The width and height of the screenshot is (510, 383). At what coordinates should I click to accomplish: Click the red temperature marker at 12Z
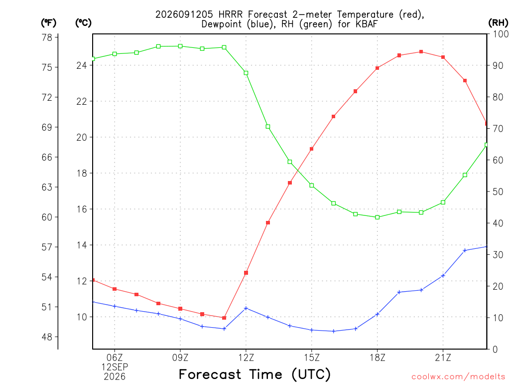[246, 273]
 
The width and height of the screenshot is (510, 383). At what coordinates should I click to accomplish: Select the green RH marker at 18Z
[378, 217]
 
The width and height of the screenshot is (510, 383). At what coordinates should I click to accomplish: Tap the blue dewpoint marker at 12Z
[246, 308]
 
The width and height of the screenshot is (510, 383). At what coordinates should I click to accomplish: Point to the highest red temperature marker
[421, 52]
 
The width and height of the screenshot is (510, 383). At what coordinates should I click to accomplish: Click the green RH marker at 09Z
[180, 46]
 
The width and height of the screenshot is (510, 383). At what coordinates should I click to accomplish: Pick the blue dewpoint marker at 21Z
[443, 276]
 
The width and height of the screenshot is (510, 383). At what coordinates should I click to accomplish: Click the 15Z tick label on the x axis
[312, 358]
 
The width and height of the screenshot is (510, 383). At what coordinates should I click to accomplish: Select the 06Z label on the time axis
[115, 358]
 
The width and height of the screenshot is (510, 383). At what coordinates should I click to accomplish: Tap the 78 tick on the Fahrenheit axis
[47, 37]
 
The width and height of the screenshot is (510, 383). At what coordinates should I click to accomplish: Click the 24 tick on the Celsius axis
[82, 65]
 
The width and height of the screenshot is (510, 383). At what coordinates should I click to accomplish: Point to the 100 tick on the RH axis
[501, 34]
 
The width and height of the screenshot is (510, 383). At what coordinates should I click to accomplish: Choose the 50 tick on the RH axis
[498, 191]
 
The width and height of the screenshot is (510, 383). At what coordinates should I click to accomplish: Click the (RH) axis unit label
[498, 22]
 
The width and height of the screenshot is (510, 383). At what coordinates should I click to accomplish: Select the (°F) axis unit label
[48, 23]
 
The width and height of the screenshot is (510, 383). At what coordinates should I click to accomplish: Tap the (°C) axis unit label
[83, 23]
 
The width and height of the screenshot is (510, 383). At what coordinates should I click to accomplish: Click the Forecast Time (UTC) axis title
[255, 374]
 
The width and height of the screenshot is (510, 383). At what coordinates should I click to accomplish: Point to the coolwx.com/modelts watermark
[458, 377]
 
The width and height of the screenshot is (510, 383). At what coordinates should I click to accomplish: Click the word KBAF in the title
[365, 24]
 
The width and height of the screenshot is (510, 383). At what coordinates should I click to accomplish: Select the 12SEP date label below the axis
[115, 367]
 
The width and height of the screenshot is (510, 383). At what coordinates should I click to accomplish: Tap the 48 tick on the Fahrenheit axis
[47, 337]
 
